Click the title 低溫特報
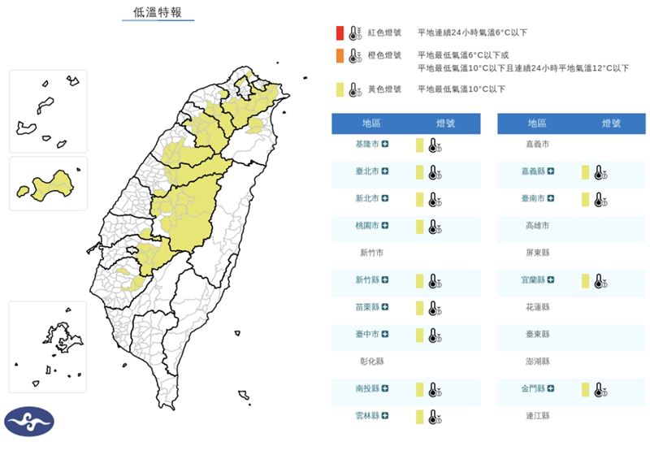point(158,13)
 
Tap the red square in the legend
point(339,32)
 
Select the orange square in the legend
point(339,55)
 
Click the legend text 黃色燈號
point(384,89)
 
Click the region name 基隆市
point(366,144)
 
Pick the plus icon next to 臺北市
point(385,171)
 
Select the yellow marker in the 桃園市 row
point(419,226)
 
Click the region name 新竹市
point(371,253)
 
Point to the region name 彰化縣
point(371,362)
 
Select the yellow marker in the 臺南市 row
point(585,199)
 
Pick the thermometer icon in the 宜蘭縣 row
point(600,280)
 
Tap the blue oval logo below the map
point(29,422)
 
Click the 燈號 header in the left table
point(445,123)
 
